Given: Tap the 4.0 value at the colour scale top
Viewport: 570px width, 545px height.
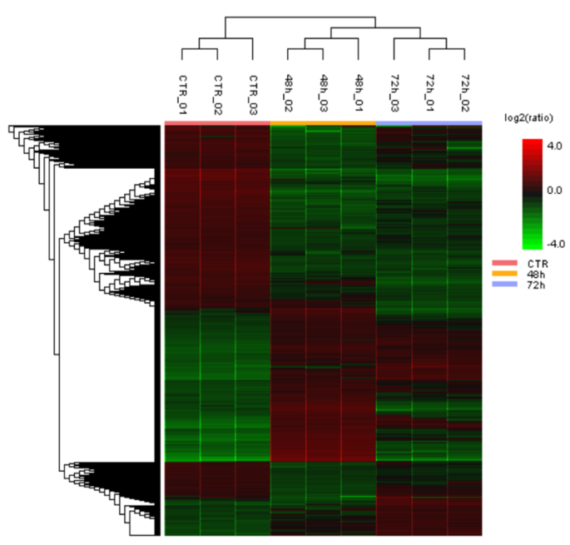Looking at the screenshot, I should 555,145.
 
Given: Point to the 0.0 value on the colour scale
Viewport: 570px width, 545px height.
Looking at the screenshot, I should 555,191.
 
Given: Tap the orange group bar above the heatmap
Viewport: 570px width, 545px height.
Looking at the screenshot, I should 324,124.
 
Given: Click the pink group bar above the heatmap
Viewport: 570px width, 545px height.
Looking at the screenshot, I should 218,124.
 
